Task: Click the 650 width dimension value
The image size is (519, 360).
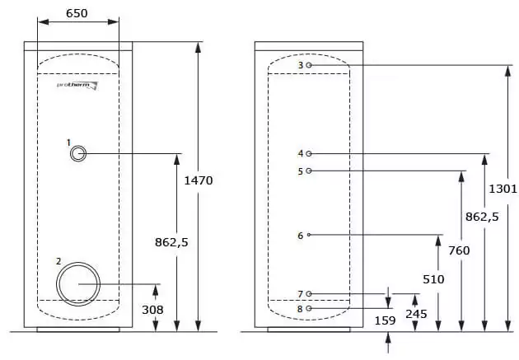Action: coord(77,13)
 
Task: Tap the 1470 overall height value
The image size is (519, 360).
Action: coord(199,180)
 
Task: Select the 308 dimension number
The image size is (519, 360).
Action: coord(152,310)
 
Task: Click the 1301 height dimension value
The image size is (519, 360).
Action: coord(503,189)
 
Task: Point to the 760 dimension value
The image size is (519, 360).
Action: coord(459,250)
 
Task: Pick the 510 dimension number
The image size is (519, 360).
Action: coord(433,279)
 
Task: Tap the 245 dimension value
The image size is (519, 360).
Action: coord(416,314)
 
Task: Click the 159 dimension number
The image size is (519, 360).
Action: coord(385,320)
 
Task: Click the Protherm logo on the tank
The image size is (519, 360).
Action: coord(77,86)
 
